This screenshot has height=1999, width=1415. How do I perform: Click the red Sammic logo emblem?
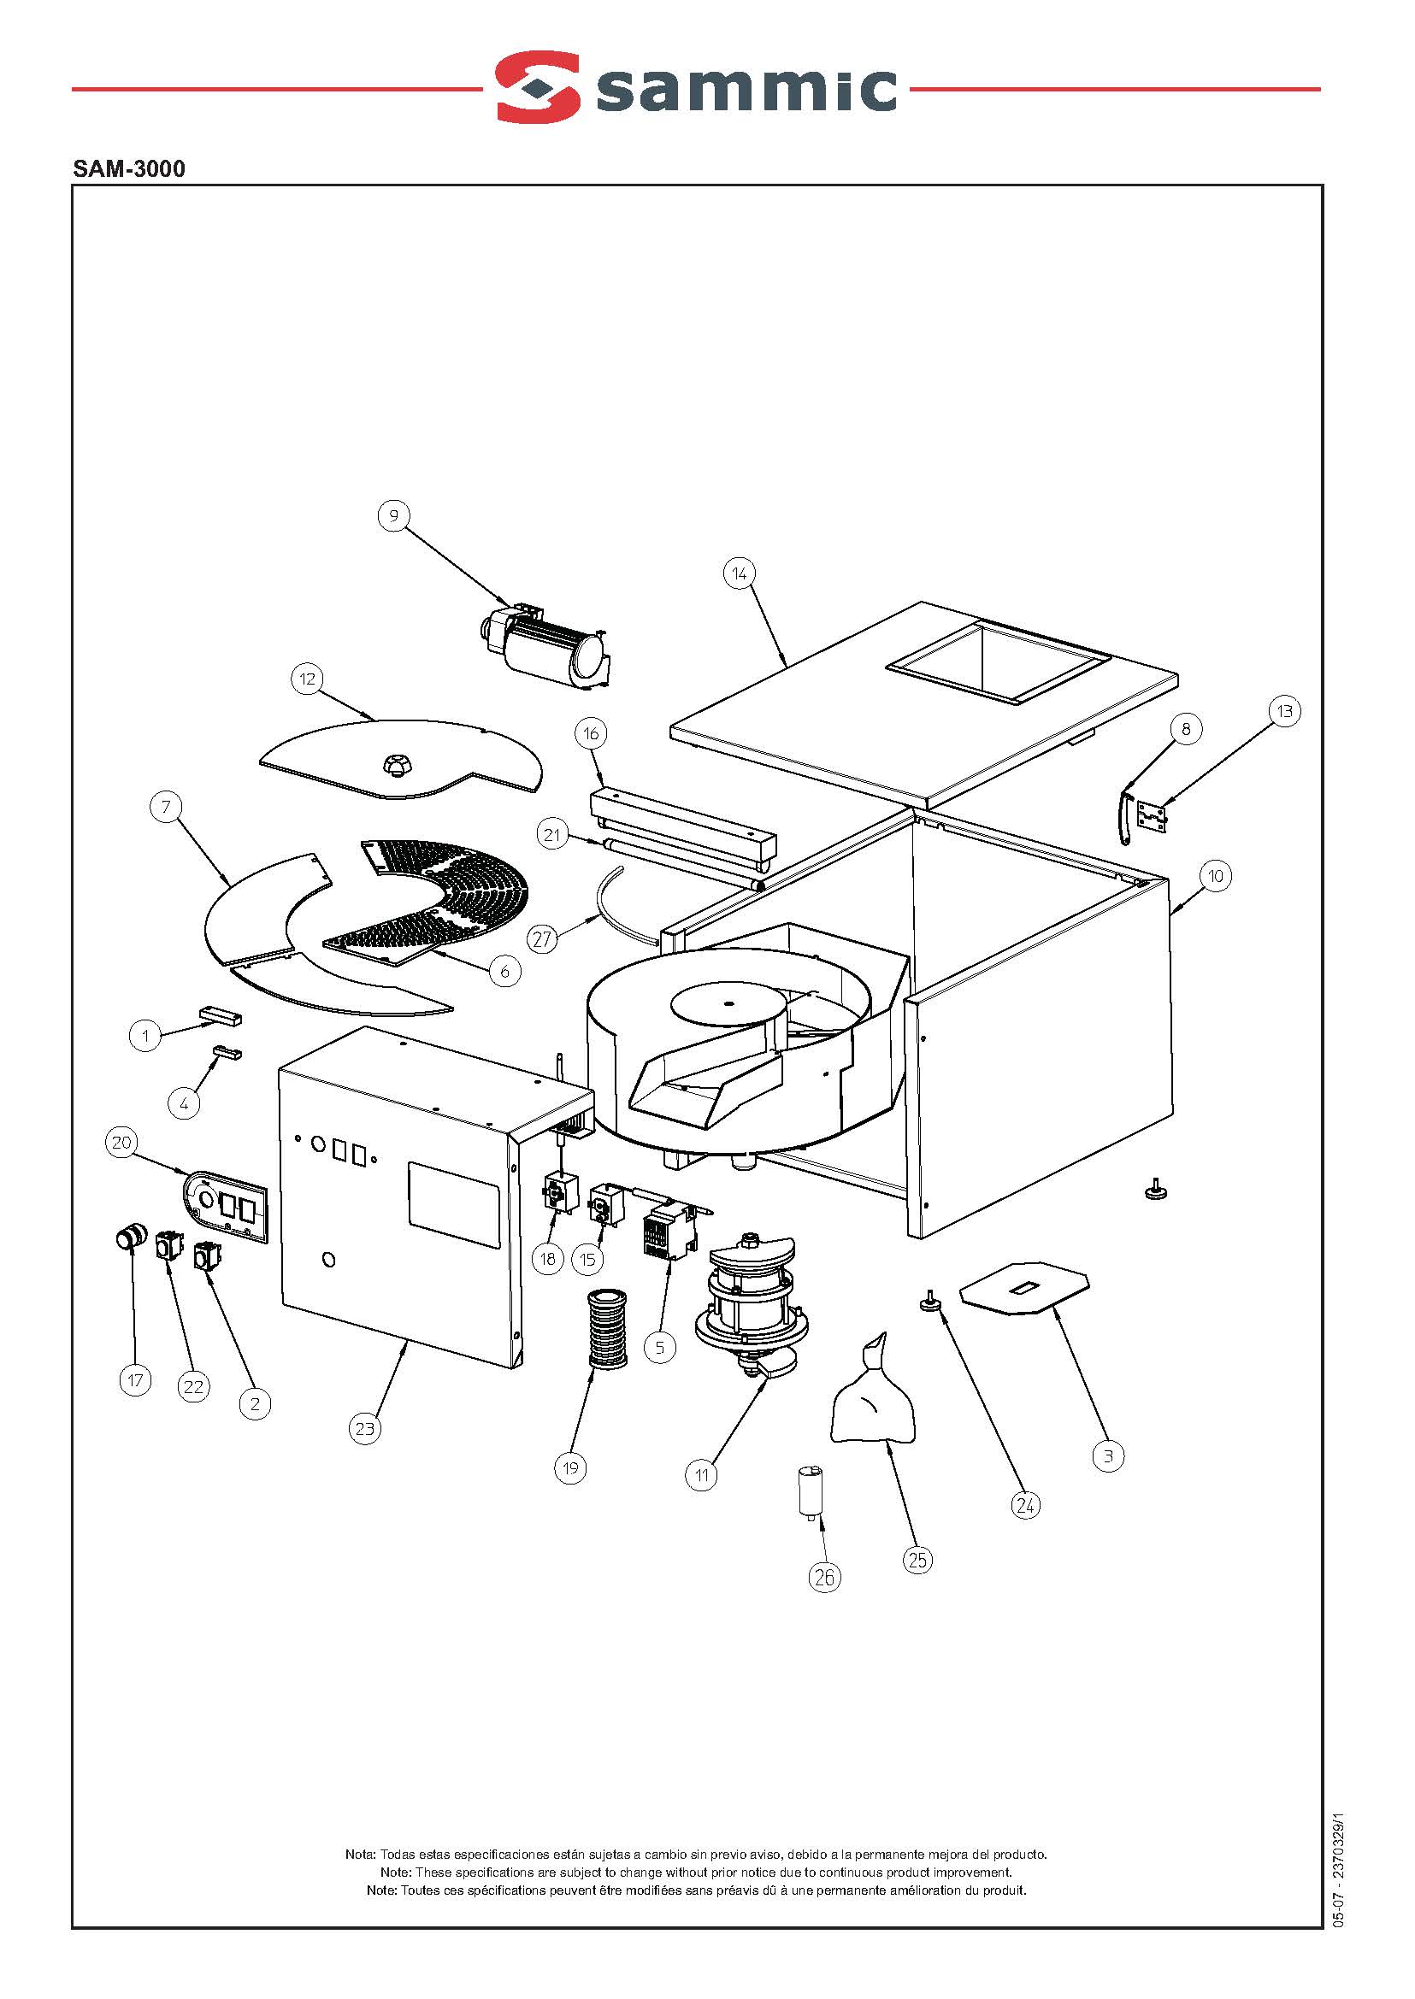point(538,86)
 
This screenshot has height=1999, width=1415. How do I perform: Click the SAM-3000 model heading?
point(129,168)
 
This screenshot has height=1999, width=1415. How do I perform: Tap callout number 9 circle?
point(394,515)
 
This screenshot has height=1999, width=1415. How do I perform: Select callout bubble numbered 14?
point(739,573)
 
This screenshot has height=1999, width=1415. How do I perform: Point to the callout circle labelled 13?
point(1284,711)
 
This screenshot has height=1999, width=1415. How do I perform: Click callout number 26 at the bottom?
point(824,1577)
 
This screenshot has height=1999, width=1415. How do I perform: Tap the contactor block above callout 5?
point(669,1230)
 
